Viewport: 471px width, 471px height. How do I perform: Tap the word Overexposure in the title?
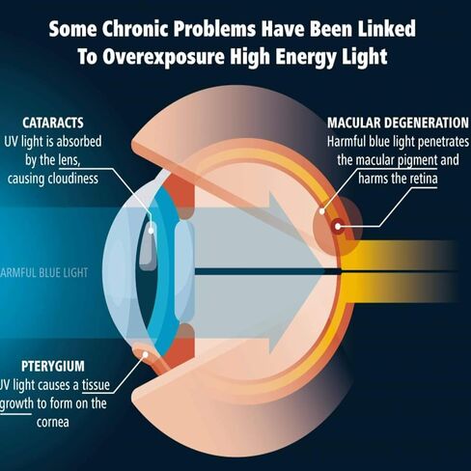(163, 57)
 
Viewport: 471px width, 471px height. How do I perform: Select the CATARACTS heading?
(53, 123)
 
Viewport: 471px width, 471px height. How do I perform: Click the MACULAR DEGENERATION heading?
(398, 123)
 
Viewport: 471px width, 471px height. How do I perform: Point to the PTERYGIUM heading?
(53, 366)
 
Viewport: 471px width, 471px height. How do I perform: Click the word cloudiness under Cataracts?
(73, 179)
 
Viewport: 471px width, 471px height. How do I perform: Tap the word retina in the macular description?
(424, 179)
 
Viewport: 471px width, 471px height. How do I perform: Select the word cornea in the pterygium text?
(53, 423)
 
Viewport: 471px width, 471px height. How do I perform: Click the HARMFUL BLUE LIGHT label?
(43, 273)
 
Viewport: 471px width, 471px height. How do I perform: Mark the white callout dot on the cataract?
(151, 231)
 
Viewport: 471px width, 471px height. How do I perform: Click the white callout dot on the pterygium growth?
(146, 354)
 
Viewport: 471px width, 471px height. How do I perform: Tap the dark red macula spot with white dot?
(338, 227)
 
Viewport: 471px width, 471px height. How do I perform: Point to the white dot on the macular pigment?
(322, 211)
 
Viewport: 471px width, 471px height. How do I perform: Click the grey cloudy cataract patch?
(148, 245)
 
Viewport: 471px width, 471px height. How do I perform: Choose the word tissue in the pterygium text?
(96, 385)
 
